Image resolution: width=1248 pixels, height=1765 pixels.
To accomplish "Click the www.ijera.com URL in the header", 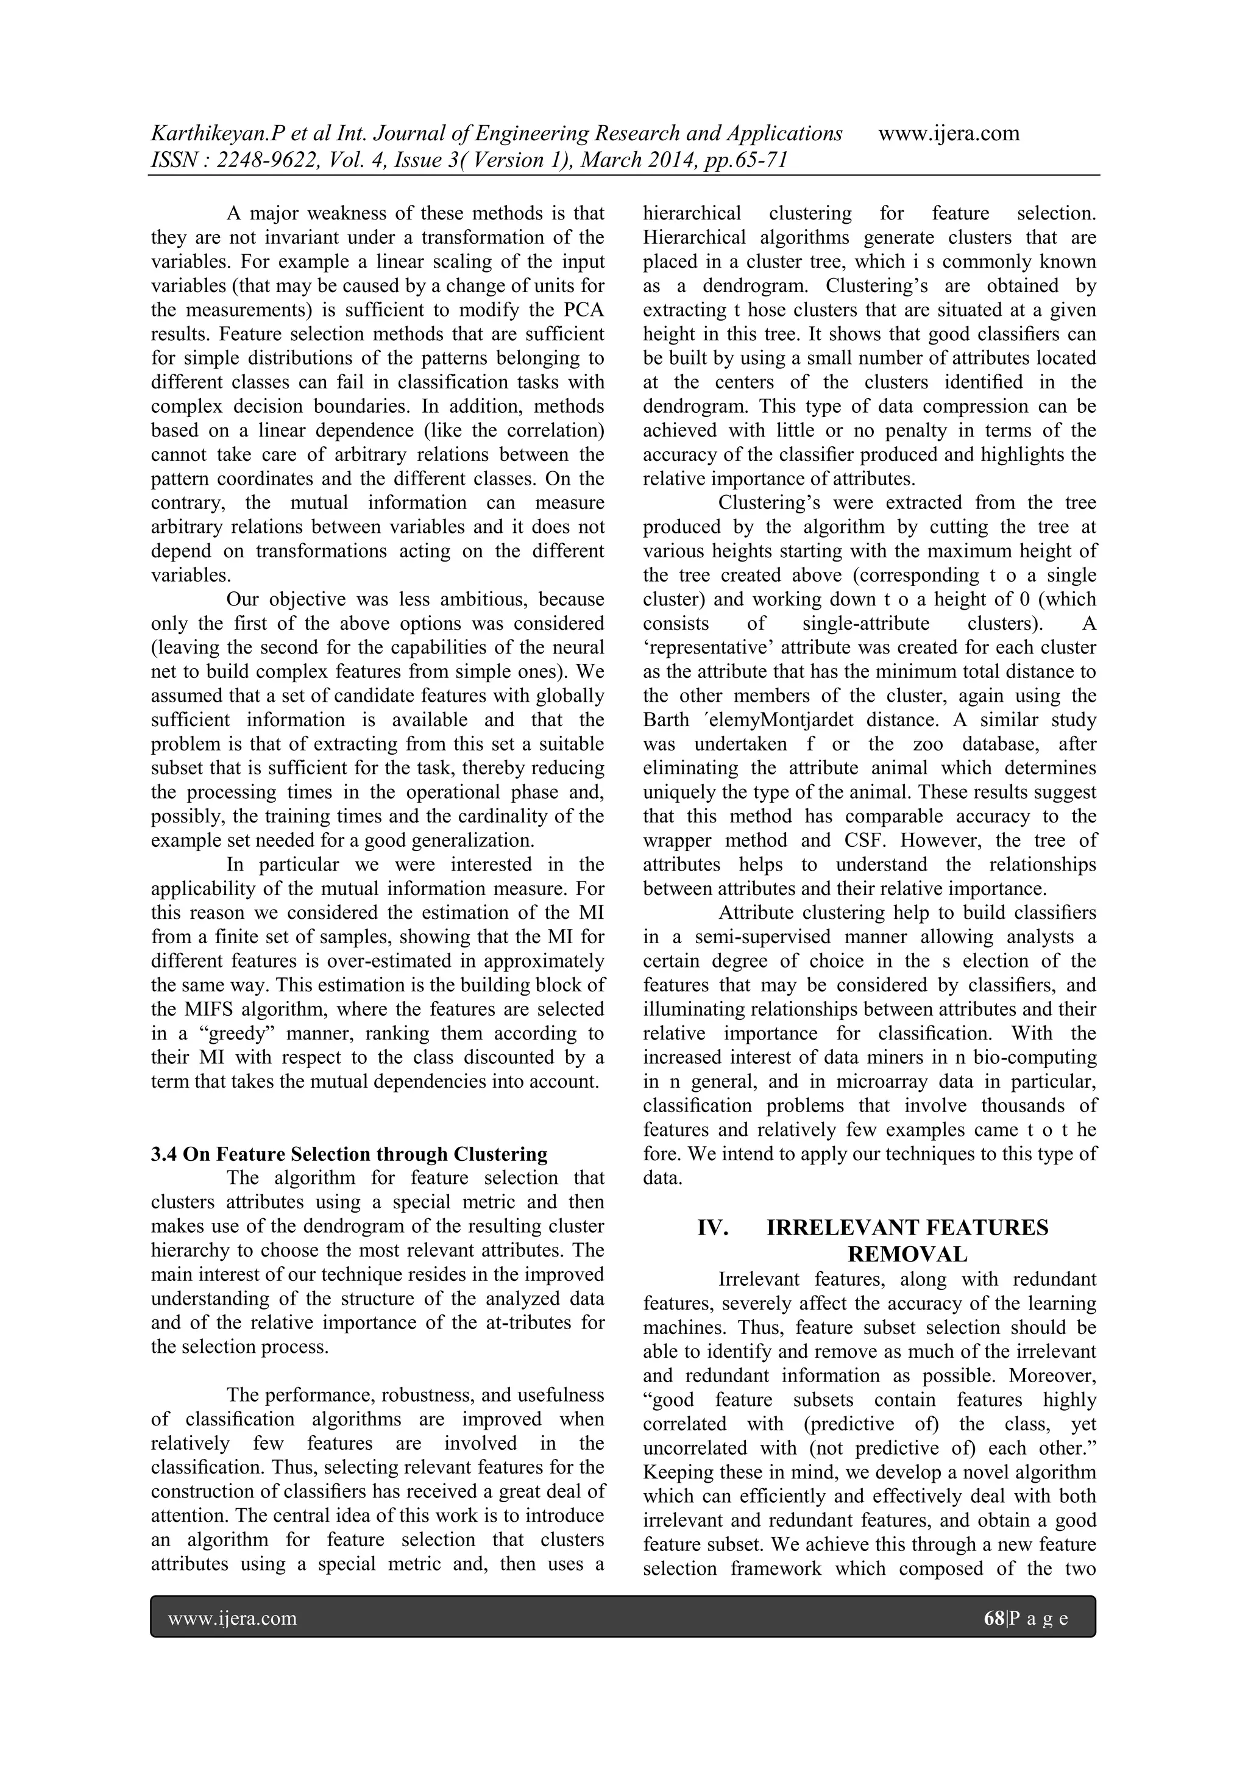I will tap(948, 133).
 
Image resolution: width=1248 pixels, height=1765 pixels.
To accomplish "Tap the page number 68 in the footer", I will tap(994, 1618).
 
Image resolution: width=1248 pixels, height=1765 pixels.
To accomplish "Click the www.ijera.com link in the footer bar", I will tap(232, 1619).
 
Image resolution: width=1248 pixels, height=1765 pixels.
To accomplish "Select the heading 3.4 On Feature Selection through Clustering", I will tap(349, 1154).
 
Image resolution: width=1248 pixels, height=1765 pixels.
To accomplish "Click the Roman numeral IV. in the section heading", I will tap(712, 1228).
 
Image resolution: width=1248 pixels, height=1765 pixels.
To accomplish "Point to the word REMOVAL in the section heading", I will tap(907, 1255).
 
